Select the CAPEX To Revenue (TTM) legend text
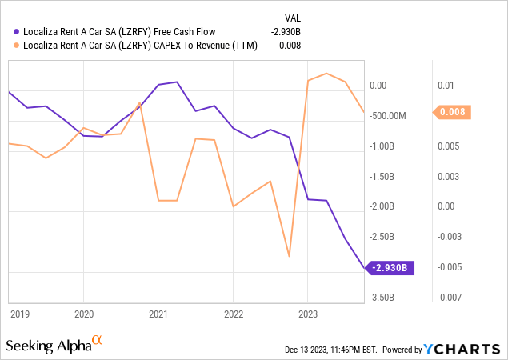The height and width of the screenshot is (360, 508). click(143, 46)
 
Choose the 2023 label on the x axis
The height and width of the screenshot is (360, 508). click(307, 314)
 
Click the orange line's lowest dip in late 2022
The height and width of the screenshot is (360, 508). click(289, 257)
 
